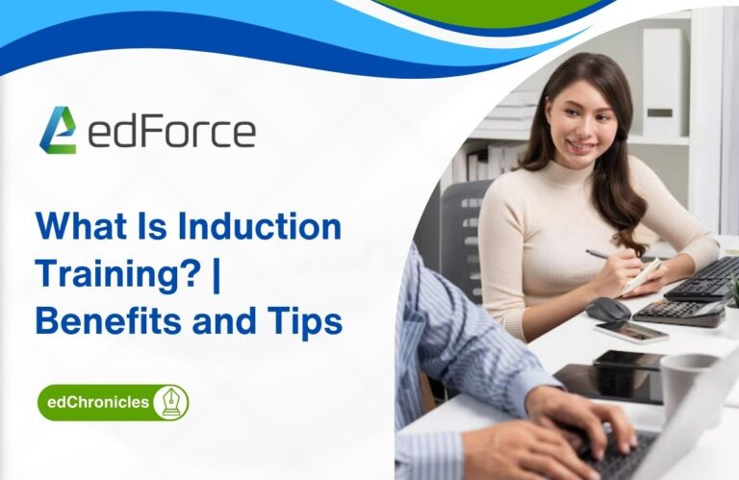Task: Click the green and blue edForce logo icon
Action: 57,130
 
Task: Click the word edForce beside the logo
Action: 171,132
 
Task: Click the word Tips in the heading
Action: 307,320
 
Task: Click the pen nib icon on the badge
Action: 169,402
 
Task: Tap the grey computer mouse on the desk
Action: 608,308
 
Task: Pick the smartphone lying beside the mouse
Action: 630,331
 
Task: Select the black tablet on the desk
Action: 611,379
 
